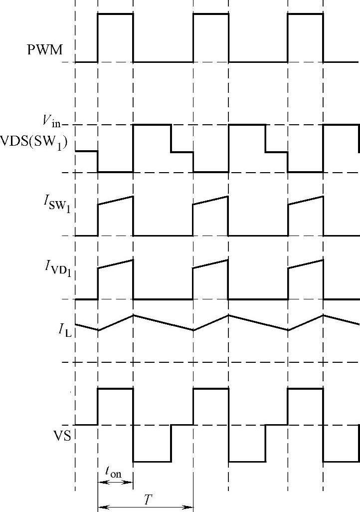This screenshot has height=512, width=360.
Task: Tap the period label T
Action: click(148, 501)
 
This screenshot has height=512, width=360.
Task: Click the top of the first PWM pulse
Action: click(115, 14)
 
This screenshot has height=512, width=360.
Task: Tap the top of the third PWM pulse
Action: click(305, 14)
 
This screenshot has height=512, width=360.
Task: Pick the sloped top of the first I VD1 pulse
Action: click(115, 264)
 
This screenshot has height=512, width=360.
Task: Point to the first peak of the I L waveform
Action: click(133, 315)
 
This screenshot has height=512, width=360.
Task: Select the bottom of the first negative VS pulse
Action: click(152, 461)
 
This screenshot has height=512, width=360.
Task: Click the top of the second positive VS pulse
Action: click(210, 389)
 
